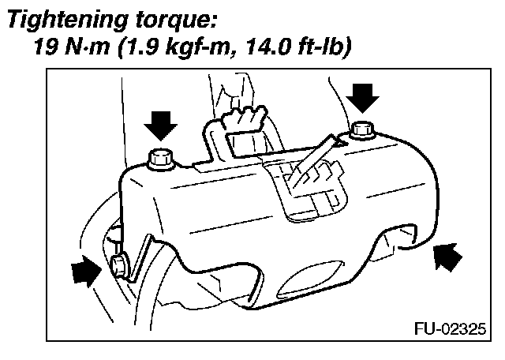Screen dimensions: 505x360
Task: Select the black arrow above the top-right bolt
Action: (364, 97)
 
